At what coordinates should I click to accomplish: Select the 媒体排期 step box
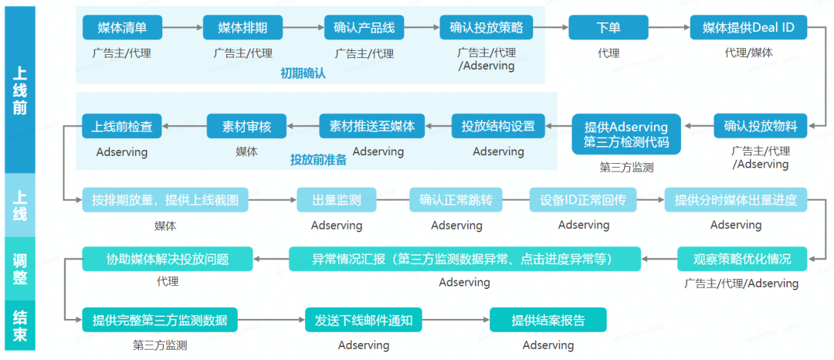tap(242, 28)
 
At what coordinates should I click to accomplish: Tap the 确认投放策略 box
tap(486, 28)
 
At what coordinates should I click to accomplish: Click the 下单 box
tap(608, 28)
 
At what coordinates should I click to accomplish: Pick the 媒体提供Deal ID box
tap(748, 28)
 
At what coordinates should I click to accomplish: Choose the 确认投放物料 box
tap(760, 125)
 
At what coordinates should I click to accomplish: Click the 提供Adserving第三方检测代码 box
tap(626, 134)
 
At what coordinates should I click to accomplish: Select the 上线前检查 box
tap(122, 125)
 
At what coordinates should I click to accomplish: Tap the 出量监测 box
tap(336, 200)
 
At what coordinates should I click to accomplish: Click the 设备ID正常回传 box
tap(583, 200)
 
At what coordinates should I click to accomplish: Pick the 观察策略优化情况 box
tap(741, 258)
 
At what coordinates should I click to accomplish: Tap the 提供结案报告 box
tap(548, 319)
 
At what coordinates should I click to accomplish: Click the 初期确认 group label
tap(303, 74)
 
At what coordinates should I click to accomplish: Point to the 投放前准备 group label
tap(318, 160)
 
